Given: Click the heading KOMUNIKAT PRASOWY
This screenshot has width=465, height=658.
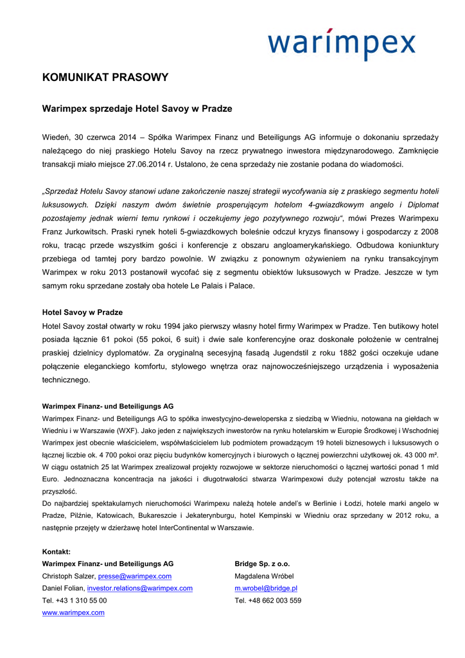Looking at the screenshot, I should [105, 78].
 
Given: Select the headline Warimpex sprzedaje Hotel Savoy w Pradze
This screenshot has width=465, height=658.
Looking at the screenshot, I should [137, 109].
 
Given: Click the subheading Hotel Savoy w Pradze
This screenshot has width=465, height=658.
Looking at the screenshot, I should [82, 312].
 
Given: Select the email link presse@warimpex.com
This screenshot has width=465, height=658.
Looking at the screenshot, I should [135, 576].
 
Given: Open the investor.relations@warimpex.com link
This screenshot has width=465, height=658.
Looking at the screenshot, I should [140, 588].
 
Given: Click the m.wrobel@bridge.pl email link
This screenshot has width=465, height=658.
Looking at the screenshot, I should [266, 588].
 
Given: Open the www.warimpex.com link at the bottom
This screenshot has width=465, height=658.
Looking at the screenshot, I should [73, 612].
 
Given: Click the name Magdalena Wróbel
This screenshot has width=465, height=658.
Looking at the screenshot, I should [264, 576].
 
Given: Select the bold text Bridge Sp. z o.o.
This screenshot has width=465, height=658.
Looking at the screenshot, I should [262, 564].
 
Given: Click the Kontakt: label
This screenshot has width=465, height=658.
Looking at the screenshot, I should [57, 552].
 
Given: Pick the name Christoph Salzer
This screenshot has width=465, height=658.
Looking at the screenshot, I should [68, 576].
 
